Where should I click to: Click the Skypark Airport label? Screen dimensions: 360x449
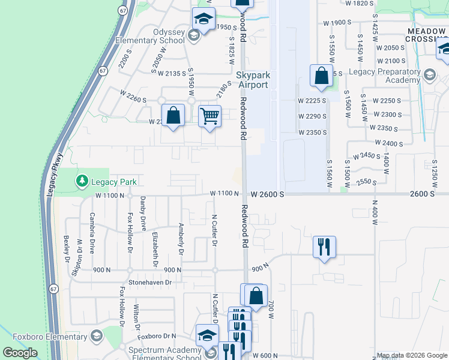(x=252, y=80)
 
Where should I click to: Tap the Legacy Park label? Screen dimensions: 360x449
(x=114, y=182)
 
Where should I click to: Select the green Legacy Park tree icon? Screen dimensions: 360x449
(x=82, y=180)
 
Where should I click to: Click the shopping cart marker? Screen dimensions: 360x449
(x=209, y=115)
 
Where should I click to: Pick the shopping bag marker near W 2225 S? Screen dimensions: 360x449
(x=321, y=76)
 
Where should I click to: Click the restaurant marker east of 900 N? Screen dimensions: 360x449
(x=324, y=246)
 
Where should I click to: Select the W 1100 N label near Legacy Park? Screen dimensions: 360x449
(x=109, y=195)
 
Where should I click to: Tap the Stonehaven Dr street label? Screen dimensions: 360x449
(x=150, y=281)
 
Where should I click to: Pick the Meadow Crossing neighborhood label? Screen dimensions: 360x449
(x=426, y=34)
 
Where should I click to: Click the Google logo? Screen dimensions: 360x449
(x=20, y=353)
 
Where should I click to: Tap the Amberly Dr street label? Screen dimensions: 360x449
(x=180, y=238)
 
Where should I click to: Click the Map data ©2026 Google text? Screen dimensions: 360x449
(x=412, y=355)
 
